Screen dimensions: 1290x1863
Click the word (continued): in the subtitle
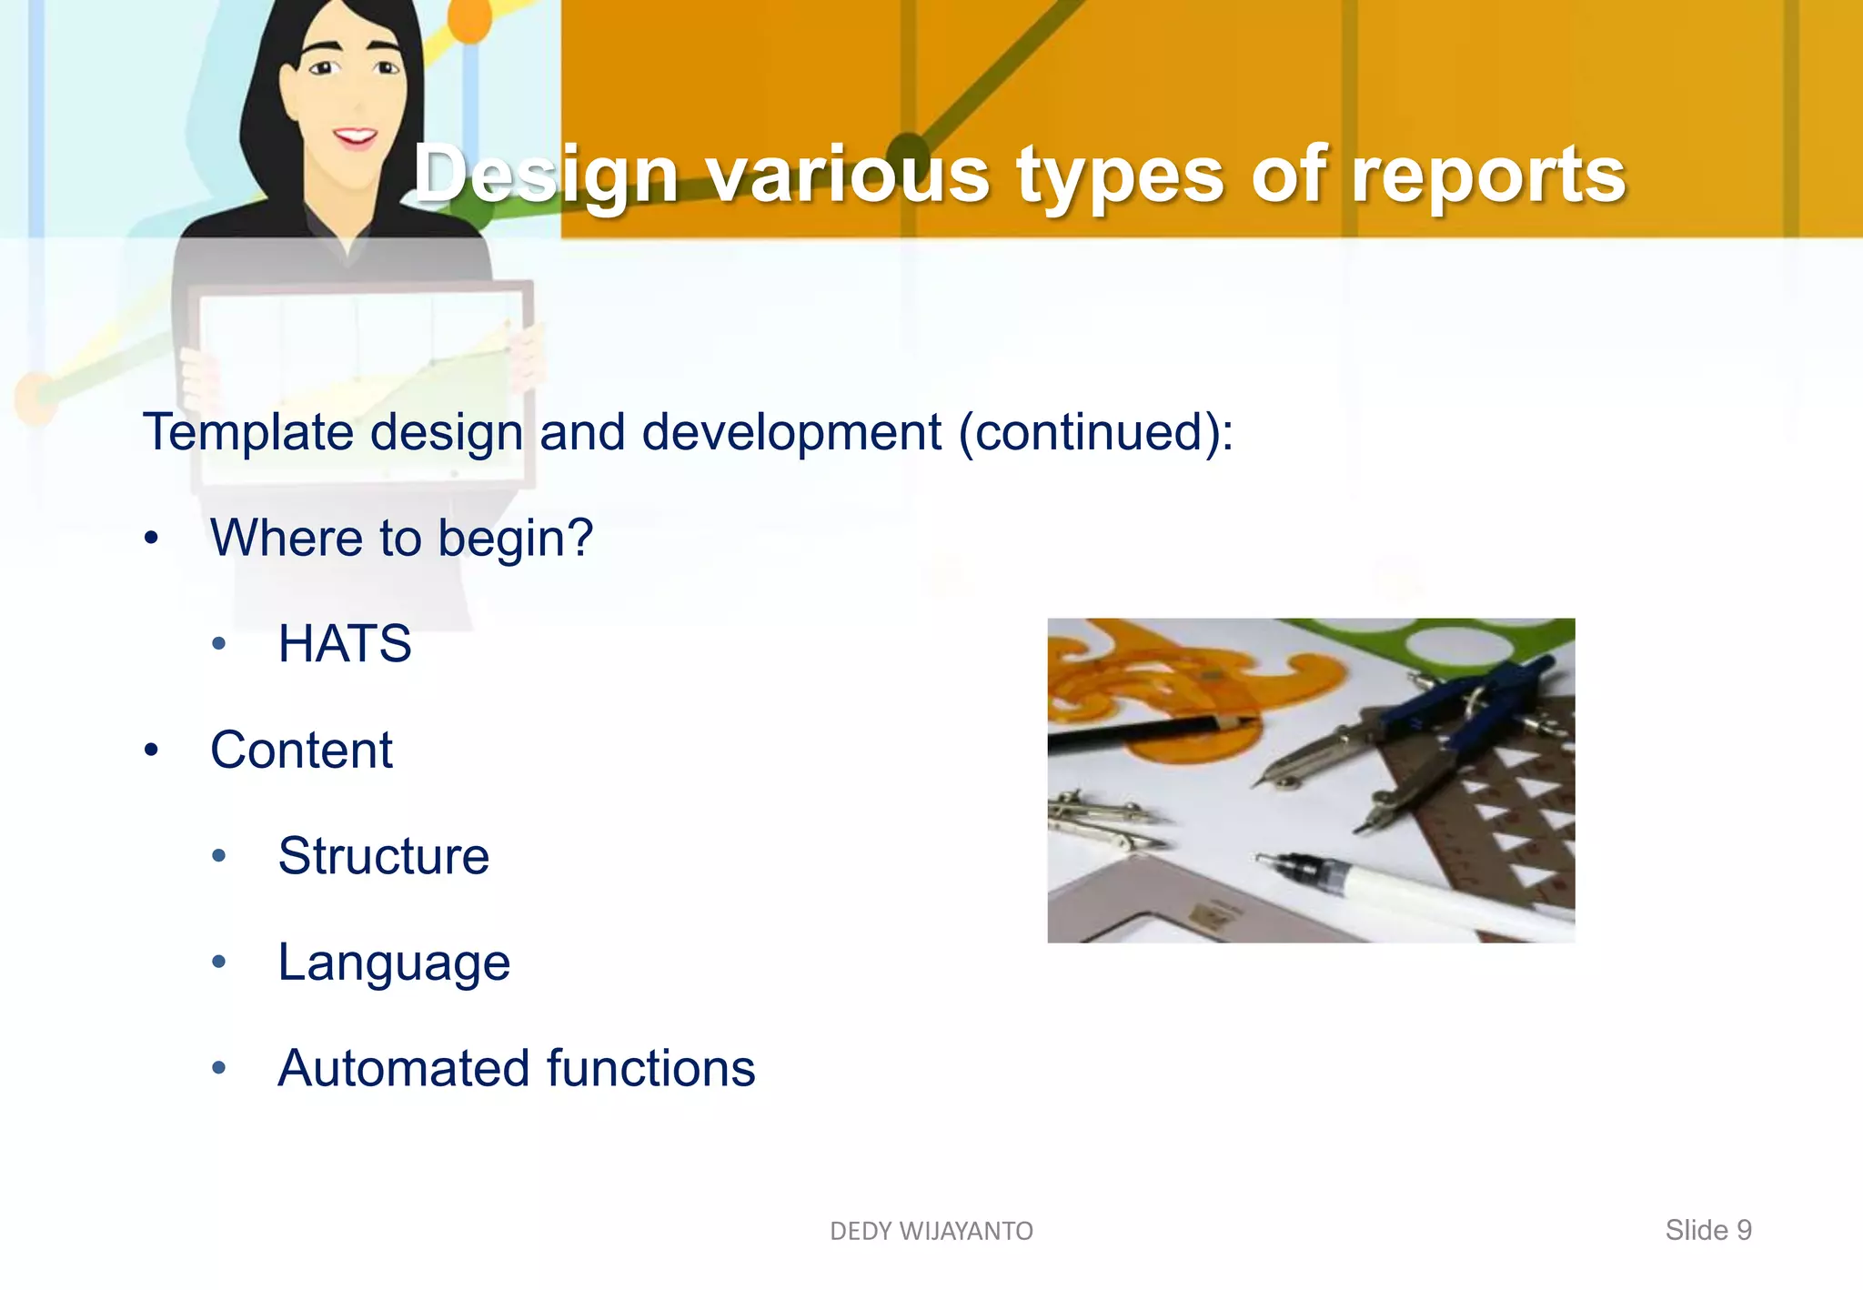coord(1096,432)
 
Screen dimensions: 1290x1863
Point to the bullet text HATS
coord(345,644)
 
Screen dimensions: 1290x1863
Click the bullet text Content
coord(301,751)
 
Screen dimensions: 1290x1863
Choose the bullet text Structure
coord(383,856)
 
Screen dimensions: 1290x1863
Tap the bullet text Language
coord(394,962)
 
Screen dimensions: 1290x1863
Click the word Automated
coord(404,1068)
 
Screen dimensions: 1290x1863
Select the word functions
coord(651,1068)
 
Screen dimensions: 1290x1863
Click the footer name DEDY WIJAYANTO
coord(931,1231)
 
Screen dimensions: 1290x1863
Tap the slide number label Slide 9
coord(1707,1230)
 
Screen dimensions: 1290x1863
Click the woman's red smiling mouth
coord(355,138)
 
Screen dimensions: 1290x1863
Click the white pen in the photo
coord(1419,892)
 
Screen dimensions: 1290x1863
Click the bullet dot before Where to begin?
coord(152,539)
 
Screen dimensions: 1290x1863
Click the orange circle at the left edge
coord(35,395)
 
